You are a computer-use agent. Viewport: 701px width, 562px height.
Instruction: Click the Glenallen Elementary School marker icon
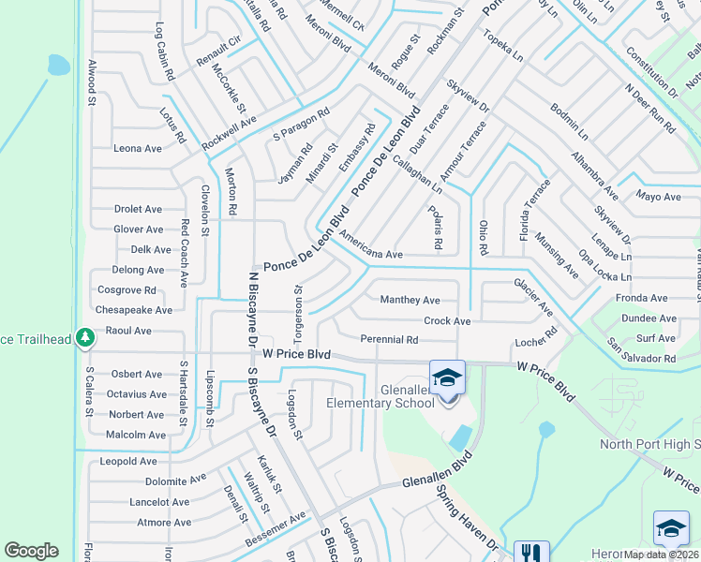point(448,378)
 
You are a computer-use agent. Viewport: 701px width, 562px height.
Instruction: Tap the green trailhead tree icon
point(85,336)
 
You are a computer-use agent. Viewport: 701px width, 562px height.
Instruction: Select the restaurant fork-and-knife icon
point(531,554)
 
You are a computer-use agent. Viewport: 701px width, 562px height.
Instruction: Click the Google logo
point(31,551)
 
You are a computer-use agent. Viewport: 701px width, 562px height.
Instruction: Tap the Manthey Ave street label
point(410,301)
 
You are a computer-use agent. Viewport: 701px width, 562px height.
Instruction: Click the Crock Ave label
point(447,320)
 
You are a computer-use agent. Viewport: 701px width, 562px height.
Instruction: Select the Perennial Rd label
point(389,339)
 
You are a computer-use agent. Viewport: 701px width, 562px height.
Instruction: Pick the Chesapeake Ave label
point(134,310)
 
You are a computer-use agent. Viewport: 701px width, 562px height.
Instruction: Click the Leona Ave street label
point(138,148)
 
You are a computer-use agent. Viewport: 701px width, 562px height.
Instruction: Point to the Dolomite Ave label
point(175,481)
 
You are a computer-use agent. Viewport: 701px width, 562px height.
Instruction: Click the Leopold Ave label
point(128,462)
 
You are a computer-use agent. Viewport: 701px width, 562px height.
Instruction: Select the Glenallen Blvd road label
point(433,474)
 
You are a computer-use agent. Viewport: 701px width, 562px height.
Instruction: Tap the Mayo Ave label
point(658,197)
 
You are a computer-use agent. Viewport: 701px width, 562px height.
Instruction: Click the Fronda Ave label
point(642,298)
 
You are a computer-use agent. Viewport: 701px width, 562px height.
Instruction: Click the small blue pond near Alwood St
point(58,65)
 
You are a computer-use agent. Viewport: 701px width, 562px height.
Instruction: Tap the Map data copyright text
point(662,555)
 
